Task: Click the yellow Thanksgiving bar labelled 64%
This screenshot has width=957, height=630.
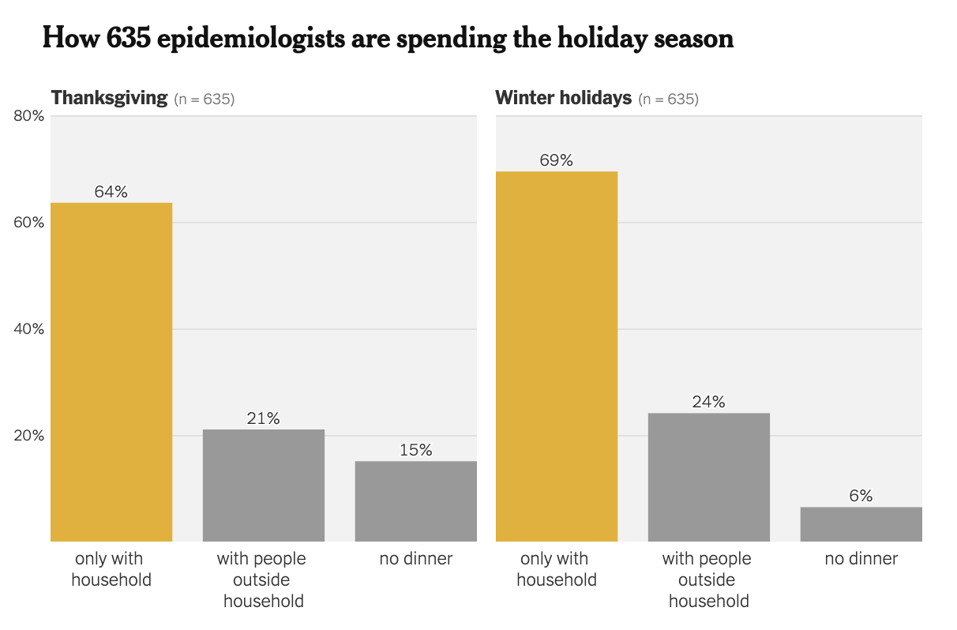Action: (x=111, y=372)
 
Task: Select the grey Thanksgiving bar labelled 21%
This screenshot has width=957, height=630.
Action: (x=264, y=485)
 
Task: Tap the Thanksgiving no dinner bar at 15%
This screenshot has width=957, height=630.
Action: (x=415, y=501)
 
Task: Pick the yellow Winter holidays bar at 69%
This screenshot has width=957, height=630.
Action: (x=557, y=356)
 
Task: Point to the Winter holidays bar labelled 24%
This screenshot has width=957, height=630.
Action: (x=708, y=477)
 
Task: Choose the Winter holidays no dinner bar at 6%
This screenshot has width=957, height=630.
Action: (x=861, y=523)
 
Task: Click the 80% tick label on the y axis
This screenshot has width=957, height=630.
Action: (x=29, y=116)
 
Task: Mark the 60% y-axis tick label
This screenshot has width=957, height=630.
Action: (x=29, y=223)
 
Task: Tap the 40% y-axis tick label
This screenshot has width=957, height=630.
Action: (x=29, y=329)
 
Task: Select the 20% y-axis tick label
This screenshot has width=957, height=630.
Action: (x=29, y=436)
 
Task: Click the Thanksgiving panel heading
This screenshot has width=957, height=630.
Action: (x=110, y=98)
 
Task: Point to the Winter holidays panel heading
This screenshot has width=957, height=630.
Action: (x=563, y=98)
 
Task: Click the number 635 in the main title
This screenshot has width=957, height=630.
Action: (x=127, y=38)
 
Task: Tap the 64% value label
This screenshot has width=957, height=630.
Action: (x=111, y=192)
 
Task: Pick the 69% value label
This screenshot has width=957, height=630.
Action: (x=557, y=160)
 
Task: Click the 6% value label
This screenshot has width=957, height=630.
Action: (x=861, y=496)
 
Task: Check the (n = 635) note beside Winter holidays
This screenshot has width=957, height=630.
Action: (x=668, y=99)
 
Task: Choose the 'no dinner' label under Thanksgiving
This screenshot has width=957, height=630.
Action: (x=415, y=559)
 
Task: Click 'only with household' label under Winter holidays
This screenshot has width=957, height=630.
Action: (x=557, y=569)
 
